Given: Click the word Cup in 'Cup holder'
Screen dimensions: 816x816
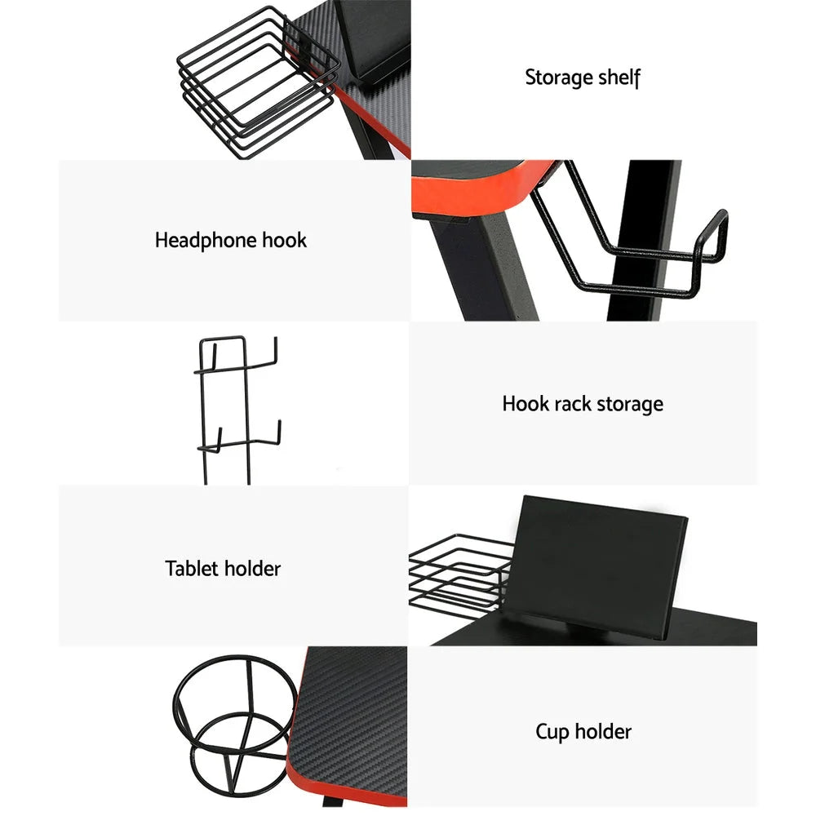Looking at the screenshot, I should click(552, 731).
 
